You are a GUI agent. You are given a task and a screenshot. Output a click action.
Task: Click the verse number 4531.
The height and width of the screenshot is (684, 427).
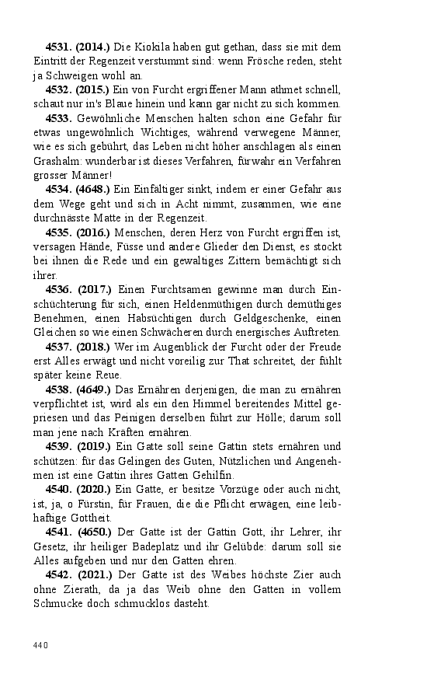pos(59,46)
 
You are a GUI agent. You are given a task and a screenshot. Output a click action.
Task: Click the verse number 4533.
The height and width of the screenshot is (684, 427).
pos(59,118)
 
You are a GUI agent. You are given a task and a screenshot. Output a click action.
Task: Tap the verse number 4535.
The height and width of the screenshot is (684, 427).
pos(59,233)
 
